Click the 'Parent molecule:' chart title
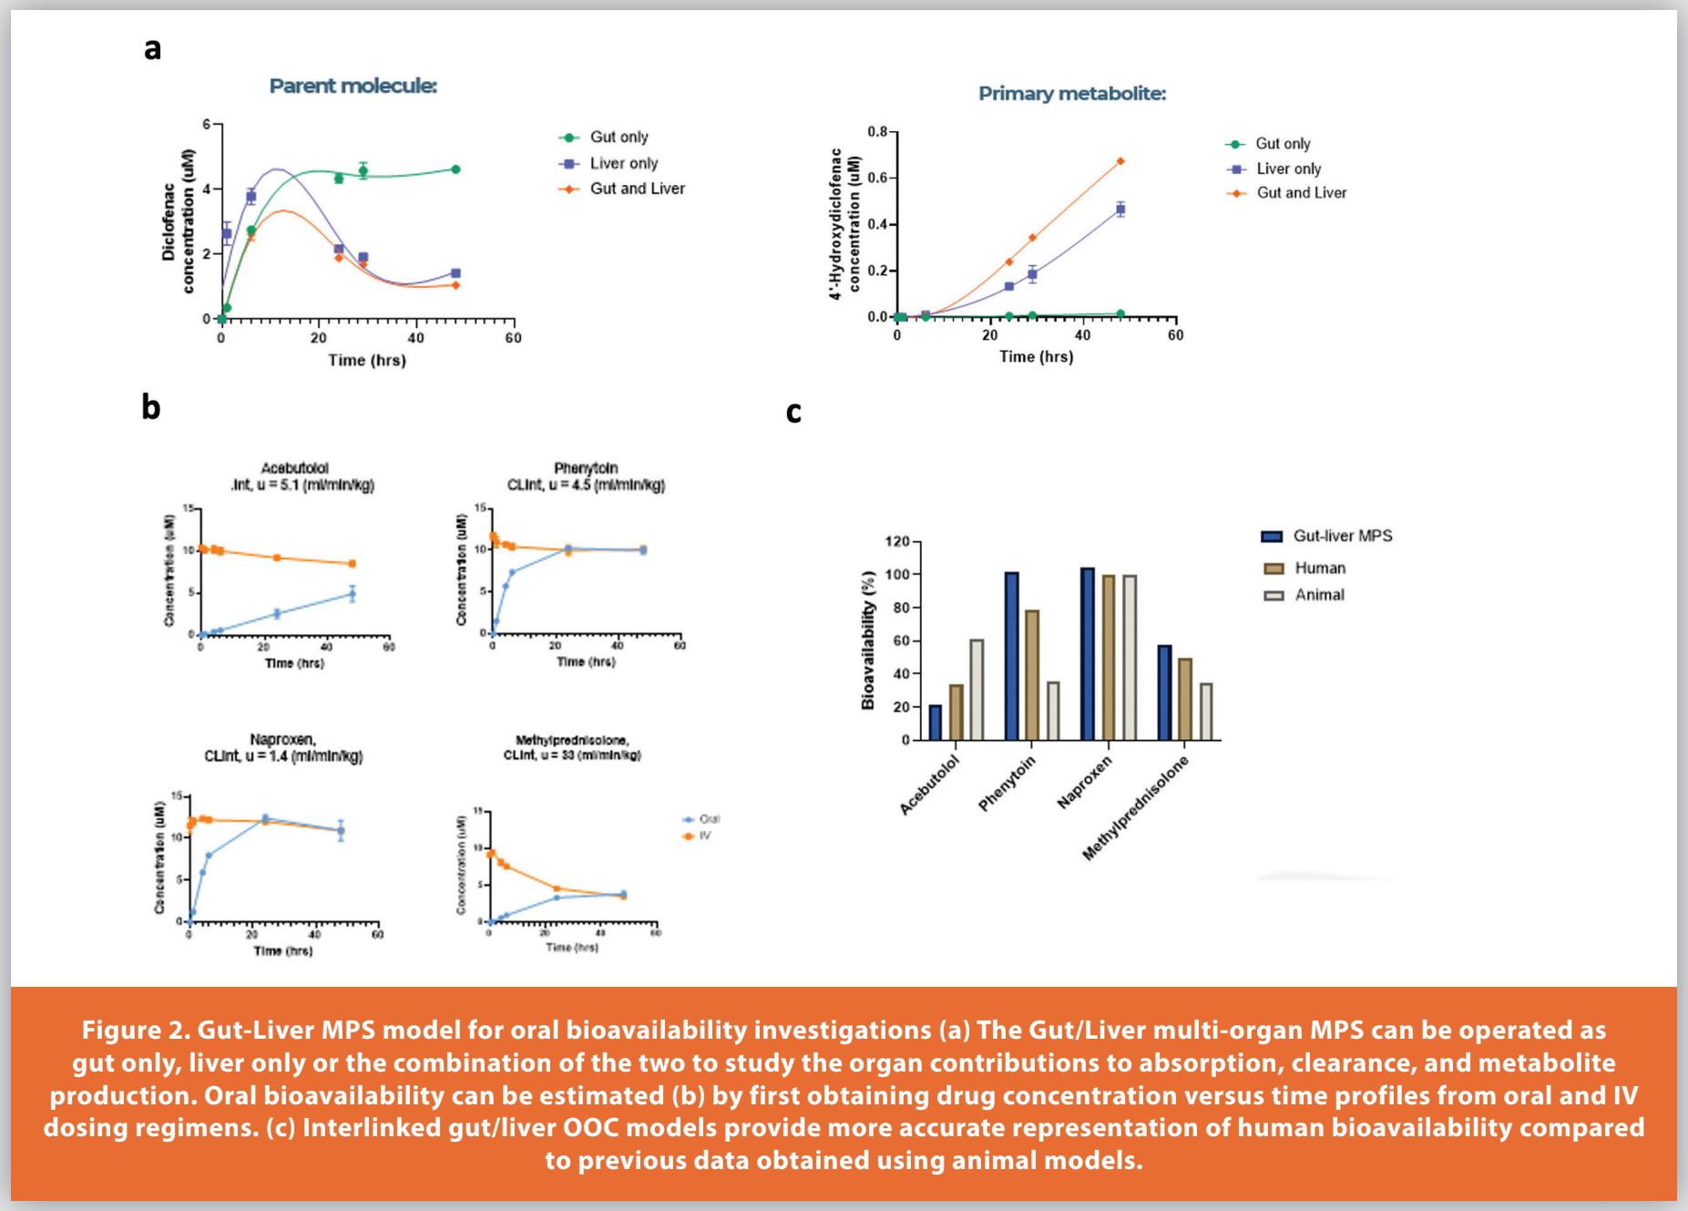pos(353,86)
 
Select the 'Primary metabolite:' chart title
pos(1071,94)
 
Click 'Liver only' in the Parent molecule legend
pos(623,163)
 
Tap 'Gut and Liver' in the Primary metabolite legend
pos(1301,193)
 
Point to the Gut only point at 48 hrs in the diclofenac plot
pos(455,169)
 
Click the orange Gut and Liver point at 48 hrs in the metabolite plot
pos(1120,161)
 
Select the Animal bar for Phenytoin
pos(1053,710)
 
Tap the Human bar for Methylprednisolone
pos(1185,698)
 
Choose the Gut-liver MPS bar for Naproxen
pos(1088,653)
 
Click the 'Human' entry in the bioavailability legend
pos(1319,569)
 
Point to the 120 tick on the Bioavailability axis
pos(896,542)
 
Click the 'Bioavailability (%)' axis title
pos(868,640)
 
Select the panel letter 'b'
pos(150,406)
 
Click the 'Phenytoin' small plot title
pos(586,468)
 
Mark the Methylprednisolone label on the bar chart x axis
pos(1136,809)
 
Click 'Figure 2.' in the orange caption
pos(134,1031)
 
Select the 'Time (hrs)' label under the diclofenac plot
pos(367,361)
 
